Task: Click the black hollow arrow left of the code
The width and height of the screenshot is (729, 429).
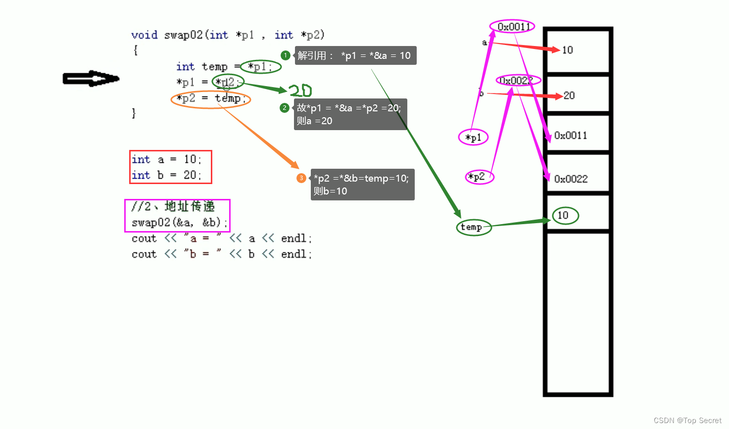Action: tap(91, 79)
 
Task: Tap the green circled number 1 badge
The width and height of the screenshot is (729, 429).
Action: tap(285, 55)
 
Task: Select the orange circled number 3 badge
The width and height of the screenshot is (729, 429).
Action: tap(301, 178)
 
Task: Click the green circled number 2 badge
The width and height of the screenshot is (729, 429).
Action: tap(284, 108)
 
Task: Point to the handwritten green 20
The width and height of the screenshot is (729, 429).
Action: tap(300, 91)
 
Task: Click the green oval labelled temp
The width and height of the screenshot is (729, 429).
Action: tap(473, 228)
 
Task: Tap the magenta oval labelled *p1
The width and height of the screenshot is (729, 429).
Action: tap(474, 138)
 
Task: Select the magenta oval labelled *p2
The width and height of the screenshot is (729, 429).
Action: tap(479, 177)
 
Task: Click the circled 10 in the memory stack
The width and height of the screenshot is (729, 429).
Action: tap(565, 215)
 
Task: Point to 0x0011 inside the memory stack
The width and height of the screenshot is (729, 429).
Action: tap(571, 136)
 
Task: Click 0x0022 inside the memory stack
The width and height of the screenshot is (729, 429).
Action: tap(571, 179)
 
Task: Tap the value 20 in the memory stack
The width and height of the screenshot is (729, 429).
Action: tap(569, 95)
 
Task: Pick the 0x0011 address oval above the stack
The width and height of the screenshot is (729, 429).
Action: tap(513, 27)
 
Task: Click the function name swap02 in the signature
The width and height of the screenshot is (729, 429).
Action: tap(183, 35)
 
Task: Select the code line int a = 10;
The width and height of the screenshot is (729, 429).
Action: tap(166, 159)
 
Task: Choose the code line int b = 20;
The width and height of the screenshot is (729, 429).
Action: tap(166, 175)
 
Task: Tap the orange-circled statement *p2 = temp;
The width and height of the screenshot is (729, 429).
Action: tap(211, 98)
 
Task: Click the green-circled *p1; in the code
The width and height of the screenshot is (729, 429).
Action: tap(260, 67)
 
